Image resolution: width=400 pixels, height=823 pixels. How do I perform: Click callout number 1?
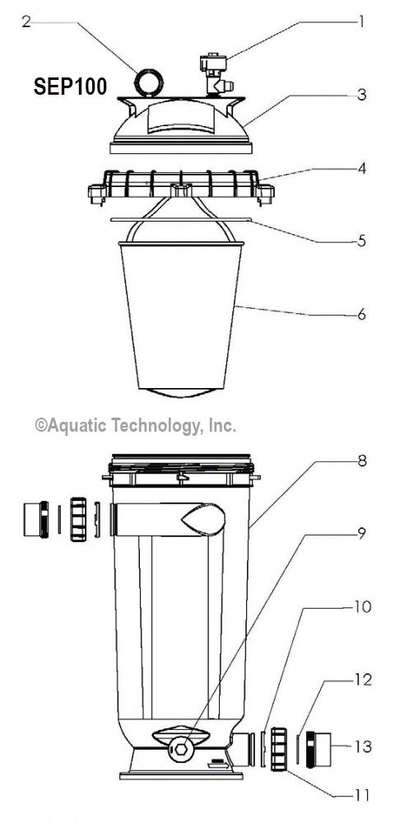point(359,22)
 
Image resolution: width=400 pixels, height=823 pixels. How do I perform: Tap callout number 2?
point(26,22)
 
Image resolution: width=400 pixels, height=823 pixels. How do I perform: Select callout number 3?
point(360,94)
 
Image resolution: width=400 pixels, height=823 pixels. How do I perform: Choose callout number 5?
point(360,242)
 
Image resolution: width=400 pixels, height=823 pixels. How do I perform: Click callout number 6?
point(360,315)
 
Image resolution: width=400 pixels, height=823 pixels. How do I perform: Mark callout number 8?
point(360,461)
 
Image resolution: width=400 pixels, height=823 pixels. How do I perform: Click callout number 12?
point(362,680)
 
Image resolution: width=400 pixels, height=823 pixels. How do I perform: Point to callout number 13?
point(362,747)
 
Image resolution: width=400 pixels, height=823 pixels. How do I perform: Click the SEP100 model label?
point(70,87)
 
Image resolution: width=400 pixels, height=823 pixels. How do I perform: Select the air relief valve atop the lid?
point(214,74)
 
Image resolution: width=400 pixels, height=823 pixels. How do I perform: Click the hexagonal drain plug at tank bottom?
point(180,751)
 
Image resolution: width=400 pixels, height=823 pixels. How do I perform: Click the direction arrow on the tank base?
point(217,764)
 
